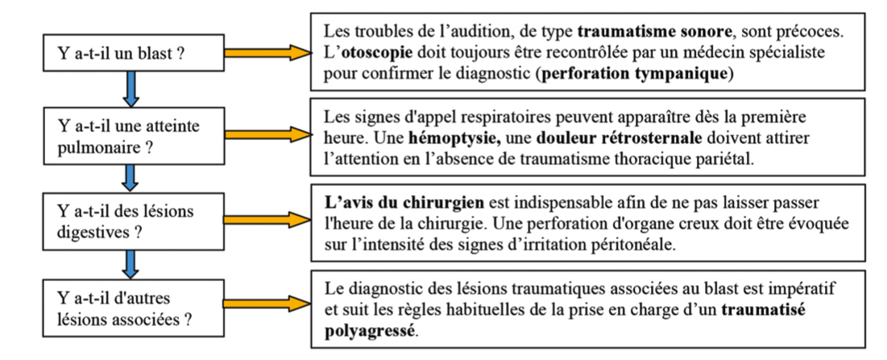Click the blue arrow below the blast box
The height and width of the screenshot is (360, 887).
coord(131,89)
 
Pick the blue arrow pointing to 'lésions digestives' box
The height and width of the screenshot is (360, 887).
coord(131,178)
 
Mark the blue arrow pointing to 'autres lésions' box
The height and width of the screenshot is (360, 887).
coord(131,264)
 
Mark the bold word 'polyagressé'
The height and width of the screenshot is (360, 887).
coord(370,331)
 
